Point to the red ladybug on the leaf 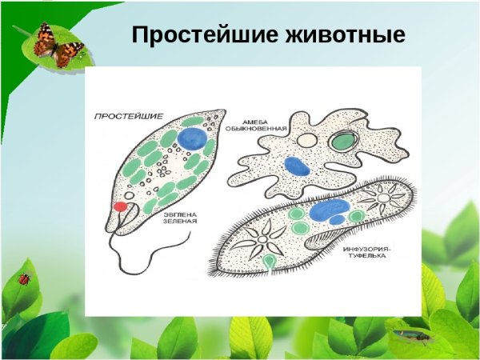(24, 279)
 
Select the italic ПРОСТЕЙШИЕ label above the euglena (123, 115)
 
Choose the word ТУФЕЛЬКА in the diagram (367, 259)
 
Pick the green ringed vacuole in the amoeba (344, 141)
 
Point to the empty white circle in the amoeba (307, 139)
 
